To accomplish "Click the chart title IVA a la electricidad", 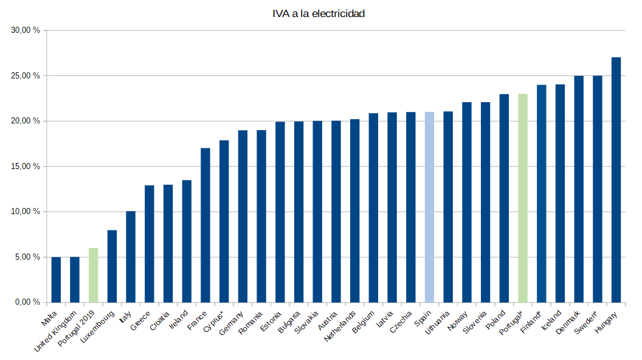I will pyautogui.click(x=319, y=13).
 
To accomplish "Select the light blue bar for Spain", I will pyautogui.click(x=429, y=207).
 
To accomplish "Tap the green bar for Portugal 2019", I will pyautogui.click(x=93, y=275).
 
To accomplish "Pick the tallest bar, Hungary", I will pyautogui.click(x=616, y=179).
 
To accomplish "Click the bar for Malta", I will pyautogui.click(x=56, y=280).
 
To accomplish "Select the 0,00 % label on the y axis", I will pyautogui.click(x=28, y=302).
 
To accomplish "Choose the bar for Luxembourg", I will pyautogui.click(x=112, y=266).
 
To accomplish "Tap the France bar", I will pyautogui.click(x=205, y=225).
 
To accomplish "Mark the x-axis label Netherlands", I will pyautogui.click(x=340, y=326).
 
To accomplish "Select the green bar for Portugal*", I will pyautogui.click(x=522, y=198).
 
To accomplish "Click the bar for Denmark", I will pyautogui.click(x=579, y=189).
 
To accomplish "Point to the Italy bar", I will pyautogui.click(x=131, y=257).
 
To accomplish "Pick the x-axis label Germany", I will pyautogui.click(x=232, y=323).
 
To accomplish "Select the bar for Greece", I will pyautogui.click(x=149, y=243).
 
